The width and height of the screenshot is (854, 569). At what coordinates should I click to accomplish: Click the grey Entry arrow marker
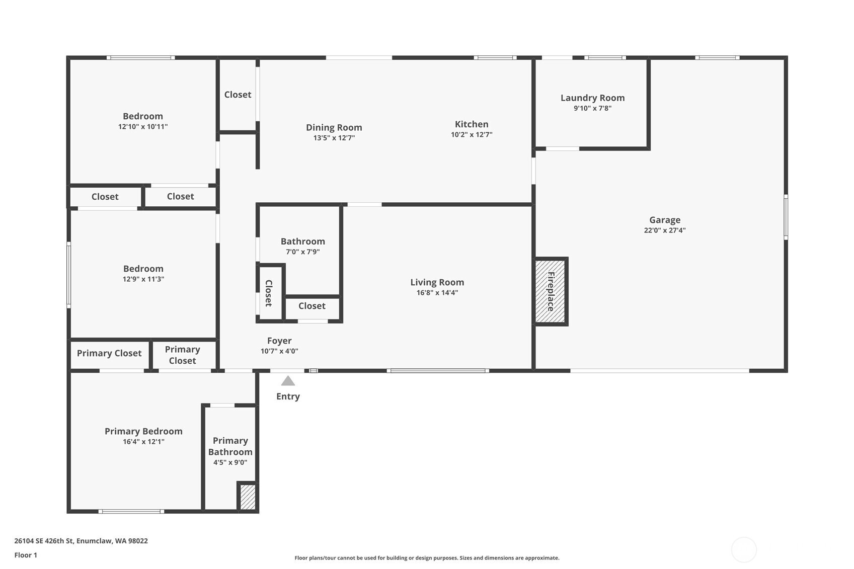pos(288,381)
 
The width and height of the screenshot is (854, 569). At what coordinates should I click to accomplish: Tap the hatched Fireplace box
pos(550,292)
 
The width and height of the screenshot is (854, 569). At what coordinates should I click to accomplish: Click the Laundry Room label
pos(592,98)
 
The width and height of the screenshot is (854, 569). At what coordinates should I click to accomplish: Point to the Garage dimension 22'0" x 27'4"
pos(664,230)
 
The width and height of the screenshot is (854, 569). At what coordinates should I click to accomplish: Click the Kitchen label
pos(471,124)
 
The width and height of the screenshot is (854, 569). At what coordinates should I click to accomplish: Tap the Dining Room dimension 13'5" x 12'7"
pos(334,138)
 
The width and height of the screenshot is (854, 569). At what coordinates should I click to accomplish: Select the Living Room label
pos(437,282)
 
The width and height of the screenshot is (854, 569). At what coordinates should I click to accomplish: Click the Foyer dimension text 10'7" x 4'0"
pos(279,351)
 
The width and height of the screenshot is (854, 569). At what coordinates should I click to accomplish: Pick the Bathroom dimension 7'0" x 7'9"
pos(303,252)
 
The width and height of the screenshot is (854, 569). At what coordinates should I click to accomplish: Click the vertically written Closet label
pos(269,293)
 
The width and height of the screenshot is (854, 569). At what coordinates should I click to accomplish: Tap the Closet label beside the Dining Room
pos(238,95)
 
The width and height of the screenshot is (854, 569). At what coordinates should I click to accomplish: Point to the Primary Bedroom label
pos(143,432)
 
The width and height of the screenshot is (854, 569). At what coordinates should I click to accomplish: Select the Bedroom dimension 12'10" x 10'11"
pos(142,127)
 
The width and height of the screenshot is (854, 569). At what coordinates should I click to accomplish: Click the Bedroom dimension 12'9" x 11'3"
pos(143,279)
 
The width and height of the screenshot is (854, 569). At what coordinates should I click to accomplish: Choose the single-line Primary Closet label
pos(109,353)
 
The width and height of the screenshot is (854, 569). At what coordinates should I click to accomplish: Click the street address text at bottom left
pos(81,541)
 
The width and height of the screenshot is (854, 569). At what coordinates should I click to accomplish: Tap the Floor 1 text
pos(26,555)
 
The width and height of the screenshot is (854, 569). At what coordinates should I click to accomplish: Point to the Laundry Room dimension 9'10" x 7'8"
pos(592,108)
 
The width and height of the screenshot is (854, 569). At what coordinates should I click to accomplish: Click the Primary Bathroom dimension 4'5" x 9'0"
pos(230,463)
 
